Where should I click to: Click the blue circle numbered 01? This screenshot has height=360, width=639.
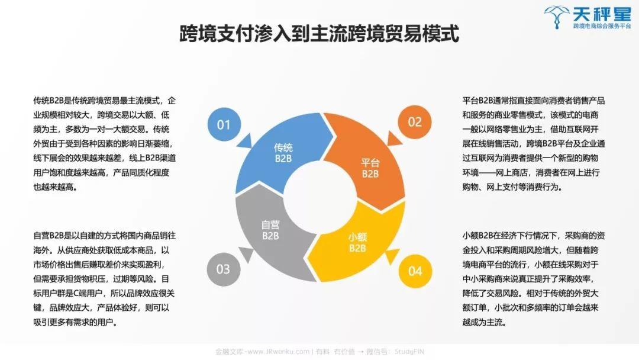(x=224, y=124)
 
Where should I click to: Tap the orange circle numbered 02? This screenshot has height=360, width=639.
(x=414, y=122)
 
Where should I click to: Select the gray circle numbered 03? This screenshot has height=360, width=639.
(x=223, y=269)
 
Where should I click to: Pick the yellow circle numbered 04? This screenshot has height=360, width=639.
(x=415, y=271)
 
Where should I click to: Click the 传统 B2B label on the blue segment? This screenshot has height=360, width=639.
(x=283, y=153)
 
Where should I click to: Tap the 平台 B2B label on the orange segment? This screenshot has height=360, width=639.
(x=370, y=168)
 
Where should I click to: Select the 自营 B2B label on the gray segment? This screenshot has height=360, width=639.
(x=270, y=230)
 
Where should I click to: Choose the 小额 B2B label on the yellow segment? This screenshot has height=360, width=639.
(x=357, y=243)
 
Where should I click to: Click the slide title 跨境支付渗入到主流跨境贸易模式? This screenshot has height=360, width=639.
(x=319, y=33)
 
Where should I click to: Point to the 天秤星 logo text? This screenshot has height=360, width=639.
(x=602, y=14)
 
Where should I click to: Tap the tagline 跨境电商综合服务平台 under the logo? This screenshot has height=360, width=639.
(x=602, y=26)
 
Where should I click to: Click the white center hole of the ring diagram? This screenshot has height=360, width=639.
(x=320, y=198)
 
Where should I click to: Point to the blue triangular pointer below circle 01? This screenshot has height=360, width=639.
(x=245, y=141)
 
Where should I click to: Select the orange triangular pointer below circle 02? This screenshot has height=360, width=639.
(x=393, y=139)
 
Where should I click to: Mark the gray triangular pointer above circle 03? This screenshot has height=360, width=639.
(x=246, y=254)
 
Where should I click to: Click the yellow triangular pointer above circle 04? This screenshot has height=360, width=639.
(x=393, y=256)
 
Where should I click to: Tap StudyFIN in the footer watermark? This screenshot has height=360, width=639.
(x=409, y=352)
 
